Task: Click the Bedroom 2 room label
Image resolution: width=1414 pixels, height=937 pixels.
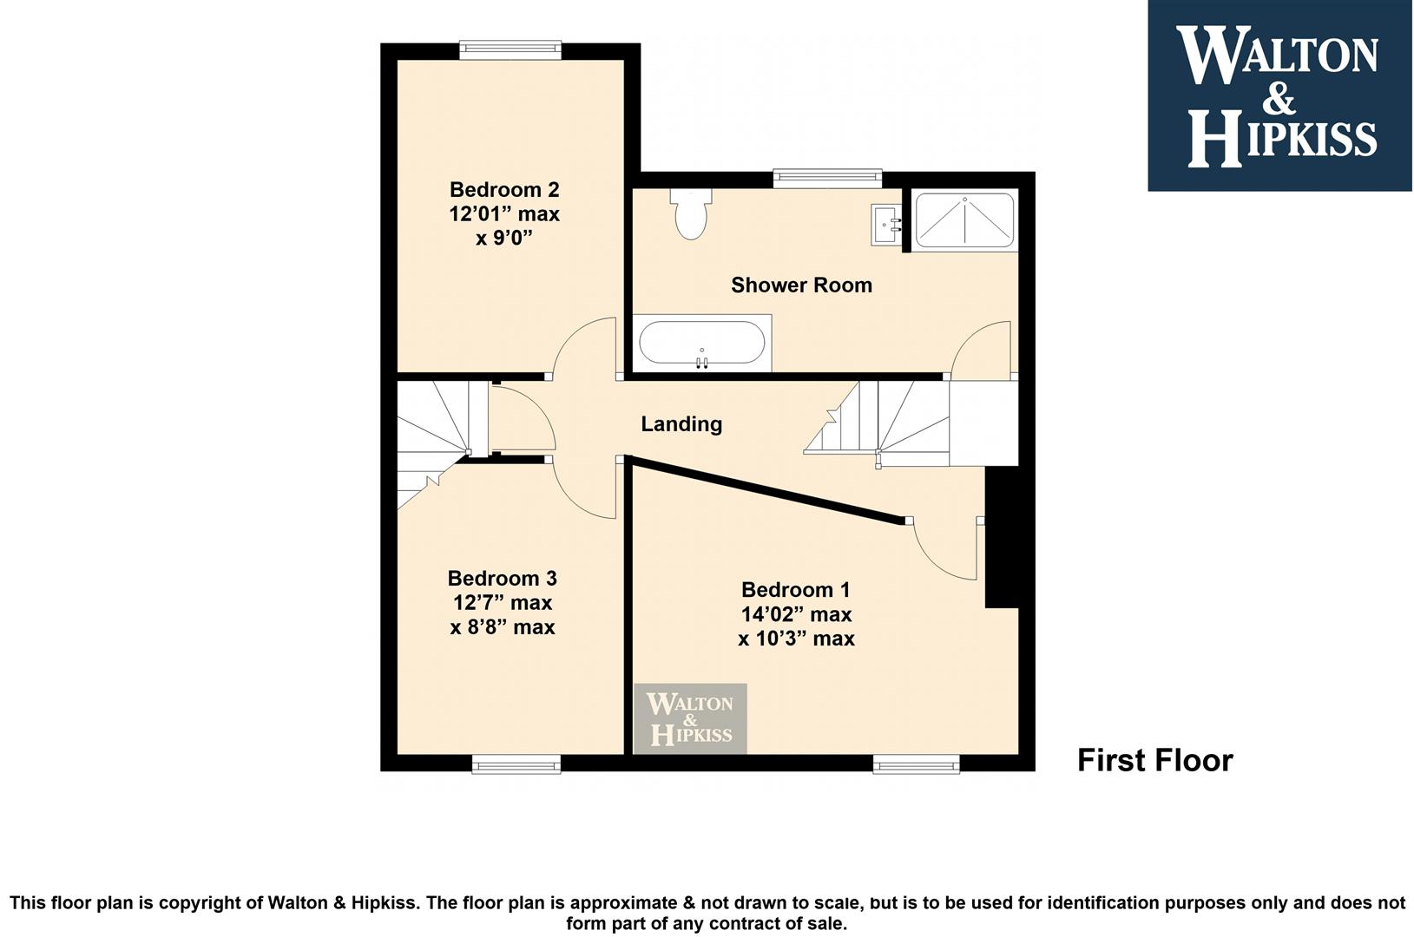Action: pos(504,189)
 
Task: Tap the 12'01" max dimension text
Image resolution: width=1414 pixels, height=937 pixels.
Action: pos(504,214)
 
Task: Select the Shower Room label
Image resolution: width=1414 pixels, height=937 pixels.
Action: pos(802,285)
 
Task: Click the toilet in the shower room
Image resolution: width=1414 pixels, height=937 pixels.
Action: pos(691,213)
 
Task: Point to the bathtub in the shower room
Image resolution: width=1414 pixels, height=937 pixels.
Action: pos(702,343)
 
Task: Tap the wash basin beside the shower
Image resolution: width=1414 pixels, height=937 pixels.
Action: pos(886,224)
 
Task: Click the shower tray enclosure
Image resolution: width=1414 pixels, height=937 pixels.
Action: pos(963,220)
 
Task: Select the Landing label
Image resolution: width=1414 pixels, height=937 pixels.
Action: pos(681,423)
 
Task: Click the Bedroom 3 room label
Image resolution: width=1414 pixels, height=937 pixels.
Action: pos(503,578)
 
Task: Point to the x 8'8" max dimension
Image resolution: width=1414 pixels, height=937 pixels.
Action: pos(503,627)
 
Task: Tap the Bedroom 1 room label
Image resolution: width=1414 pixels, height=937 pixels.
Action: pos(796,589)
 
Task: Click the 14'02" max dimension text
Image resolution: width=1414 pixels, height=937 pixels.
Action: pos(796,614)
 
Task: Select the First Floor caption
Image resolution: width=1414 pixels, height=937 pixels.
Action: pos(1155,760)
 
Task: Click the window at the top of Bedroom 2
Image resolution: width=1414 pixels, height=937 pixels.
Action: pos(510,49)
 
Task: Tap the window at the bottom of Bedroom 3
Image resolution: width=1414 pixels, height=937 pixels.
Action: pos(516,763)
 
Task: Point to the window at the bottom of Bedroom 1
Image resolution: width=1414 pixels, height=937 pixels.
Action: pos(917,763)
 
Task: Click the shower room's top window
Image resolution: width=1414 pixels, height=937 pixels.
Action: pos(827,179)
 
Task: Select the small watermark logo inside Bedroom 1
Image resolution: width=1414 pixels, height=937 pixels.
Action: pos(691,718)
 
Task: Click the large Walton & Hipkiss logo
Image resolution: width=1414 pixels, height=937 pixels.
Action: pos(1280,95)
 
